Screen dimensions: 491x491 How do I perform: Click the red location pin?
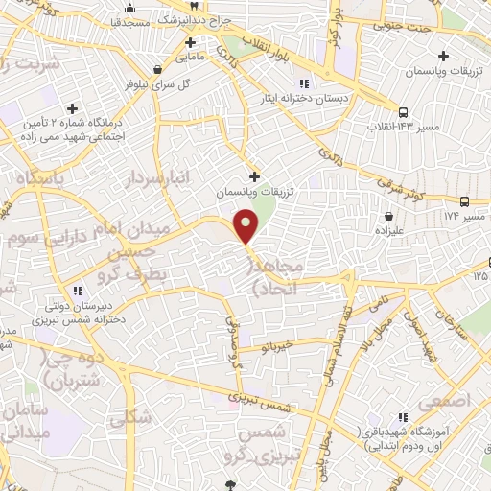click(x=246, y=224)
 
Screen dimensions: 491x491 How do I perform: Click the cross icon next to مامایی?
click(x=190, y=42)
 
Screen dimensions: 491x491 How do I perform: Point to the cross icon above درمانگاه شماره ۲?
click(x=72, y=107)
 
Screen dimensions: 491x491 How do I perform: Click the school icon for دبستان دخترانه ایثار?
click(x=305, y=82)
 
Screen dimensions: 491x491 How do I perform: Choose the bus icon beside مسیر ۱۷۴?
click(x=464, y=201)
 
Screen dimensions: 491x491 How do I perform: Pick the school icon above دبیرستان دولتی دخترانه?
click(x=77, y=291)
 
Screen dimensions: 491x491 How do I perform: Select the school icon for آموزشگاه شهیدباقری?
click(x=403, y=416)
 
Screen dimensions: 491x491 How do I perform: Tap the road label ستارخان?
click(x=444, y=329)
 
